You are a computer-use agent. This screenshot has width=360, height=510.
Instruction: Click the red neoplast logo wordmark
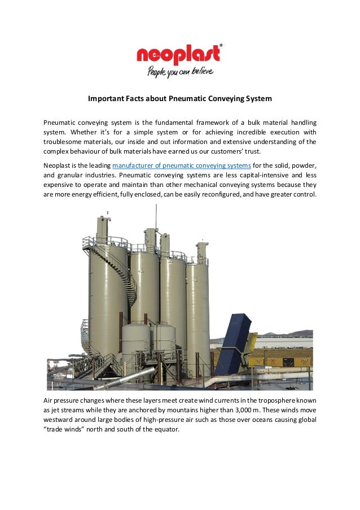(x=178, y=55)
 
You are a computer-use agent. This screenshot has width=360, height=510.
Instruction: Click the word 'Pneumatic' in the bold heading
(x=186, y=99)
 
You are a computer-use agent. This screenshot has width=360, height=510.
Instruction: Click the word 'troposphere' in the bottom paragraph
(x=262, y=400)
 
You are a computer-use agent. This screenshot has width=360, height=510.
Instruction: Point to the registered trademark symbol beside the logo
(x=220, y=45)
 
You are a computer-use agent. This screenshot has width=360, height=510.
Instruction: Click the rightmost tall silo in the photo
(x=198, y=305)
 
